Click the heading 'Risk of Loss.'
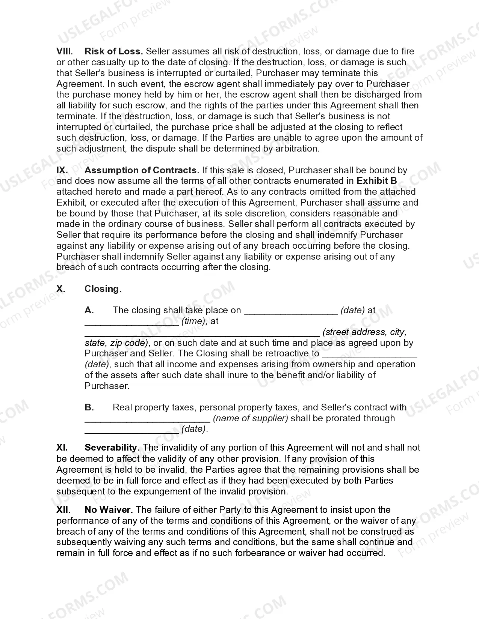click(x=113, y=51)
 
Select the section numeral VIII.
click(x=64, y=51)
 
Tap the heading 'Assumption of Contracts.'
click(x=142, y=170)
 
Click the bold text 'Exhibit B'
click(x=376, y=181)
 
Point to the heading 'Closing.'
click(x=103, y=289)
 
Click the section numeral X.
click(x=61, y=289)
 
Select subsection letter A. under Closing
click(x=89, y=310)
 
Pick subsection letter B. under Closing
click(x=89, y=407)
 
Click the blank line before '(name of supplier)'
click(x=147, y=421)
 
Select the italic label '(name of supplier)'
click(x=250, y=418)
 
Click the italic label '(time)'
click(x=193, y=322)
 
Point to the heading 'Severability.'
click(x=112, y=448)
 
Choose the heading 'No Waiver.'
click(x=109, y=510)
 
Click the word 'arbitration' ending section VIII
click(x=297, y=149)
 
